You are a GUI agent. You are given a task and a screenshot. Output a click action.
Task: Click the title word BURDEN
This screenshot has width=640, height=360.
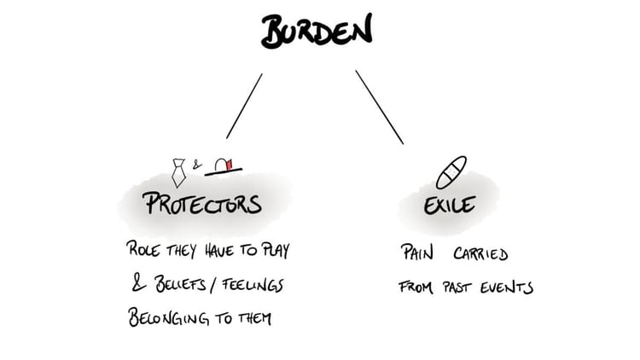click(317, 32)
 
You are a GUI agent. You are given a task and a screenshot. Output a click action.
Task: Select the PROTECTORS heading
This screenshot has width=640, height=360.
click(201, 204)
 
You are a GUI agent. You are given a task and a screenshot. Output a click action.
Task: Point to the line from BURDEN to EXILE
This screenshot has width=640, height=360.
click(379, 106)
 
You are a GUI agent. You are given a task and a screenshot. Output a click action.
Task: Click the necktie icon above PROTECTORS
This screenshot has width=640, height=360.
click(179, 171)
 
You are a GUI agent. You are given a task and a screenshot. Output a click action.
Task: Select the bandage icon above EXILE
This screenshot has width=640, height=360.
click(451, 172)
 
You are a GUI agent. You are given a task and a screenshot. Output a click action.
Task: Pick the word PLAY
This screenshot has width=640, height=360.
click(277, 253)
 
